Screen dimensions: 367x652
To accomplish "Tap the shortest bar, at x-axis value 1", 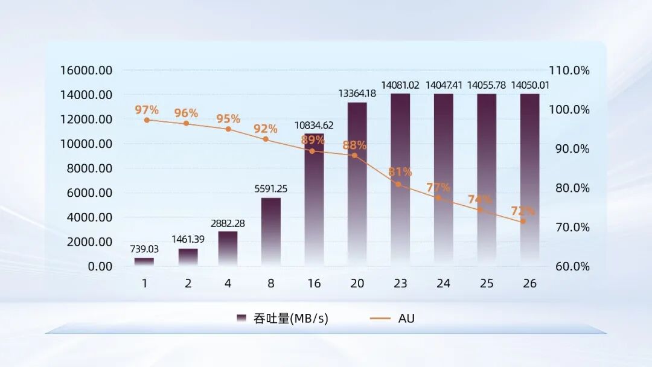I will coord(144,261).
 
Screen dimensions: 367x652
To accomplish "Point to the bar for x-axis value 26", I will coord(529,181).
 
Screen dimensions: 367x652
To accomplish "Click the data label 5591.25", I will coord(270,189).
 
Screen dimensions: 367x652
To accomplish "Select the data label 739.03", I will coord(144,249).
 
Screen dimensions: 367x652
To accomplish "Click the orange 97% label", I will coord(147,110).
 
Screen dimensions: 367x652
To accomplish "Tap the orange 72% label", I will coord(523,211).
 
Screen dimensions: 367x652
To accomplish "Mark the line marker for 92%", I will coord(266,139).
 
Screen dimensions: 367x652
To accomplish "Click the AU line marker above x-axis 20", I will coord(355,156).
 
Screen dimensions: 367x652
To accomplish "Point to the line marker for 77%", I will coord(438,198).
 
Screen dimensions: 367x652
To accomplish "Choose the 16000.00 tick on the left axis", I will coord(86,70).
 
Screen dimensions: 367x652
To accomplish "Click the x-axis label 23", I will coord(400,283).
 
